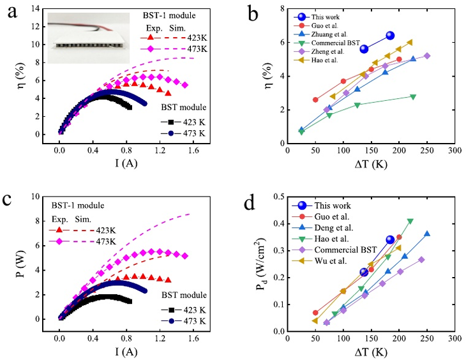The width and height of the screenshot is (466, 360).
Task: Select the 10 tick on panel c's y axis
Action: (38, 197)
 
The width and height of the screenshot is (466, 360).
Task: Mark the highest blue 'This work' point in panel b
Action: (390, 36)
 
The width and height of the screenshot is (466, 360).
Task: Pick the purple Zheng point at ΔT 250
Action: (427, 56)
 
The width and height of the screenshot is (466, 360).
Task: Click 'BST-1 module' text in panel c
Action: (77, 206)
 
